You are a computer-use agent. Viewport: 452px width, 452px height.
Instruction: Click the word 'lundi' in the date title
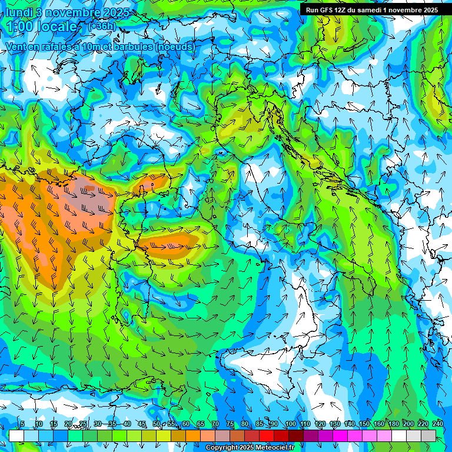tap(19, 12)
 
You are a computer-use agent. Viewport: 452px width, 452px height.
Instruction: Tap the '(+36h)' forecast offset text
tap(102, 26)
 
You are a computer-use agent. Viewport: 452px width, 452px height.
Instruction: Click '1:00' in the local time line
tap(21, 26)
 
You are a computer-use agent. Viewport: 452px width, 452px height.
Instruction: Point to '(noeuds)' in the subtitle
tap(174, 46)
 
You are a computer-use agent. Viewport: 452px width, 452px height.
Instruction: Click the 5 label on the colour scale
tap(22, 424)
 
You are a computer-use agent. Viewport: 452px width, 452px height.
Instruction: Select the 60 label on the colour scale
tap(185, 424)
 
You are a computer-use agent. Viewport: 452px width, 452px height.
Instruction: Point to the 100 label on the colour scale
tap(290, 424)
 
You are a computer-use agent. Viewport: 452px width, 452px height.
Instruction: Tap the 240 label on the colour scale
tap(438, 424)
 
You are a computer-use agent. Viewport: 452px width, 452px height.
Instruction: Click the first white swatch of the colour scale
tap(16, 436)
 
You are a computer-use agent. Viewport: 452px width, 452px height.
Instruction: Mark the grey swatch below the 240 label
tap(428, 436)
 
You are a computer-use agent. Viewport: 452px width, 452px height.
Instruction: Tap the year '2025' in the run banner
tap(427, 10)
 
